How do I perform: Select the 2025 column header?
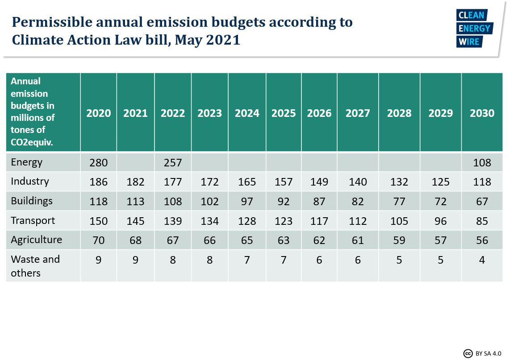click(284, 113)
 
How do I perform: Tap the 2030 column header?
click(482, 113)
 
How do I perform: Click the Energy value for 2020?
click(98, 163)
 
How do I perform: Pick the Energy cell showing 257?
click(173, 163)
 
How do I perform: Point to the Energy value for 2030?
click(482, 163)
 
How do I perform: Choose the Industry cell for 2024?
click(247, 182)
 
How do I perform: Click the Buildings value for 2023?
click(209, 201)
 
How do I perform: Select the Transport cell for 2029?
click(440, 221)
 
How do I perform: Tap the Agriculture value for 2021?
click(135, 240)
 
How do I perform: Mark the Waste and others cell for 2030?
click(482, 260)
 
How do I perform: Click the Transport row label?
click(33, 220)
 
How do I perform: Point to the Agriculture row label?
click(36, 240)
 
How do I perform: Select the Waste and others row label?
click(35, 266)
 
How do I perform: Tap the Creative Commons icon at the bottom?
click(468, 353)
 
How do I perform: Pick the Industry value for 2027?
click(358, 182)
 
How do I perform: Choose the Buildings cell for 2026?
click(319, 201)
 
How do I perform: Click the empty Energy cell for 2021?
click(135, 163)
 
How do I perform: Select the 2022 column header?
click(173, 113)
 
